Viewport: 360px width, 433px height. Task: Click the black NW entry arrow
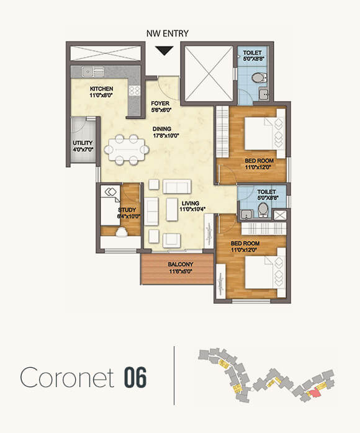pos(164,51)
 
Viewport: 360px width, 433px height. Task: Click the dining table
pos(127,150)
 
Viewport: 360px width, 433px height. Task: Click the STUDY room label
pos(127,214)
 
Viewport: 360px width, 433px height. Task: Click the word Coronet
pos(66,377)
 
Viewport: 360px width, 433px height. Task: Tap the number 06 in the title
pos(135,377)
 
